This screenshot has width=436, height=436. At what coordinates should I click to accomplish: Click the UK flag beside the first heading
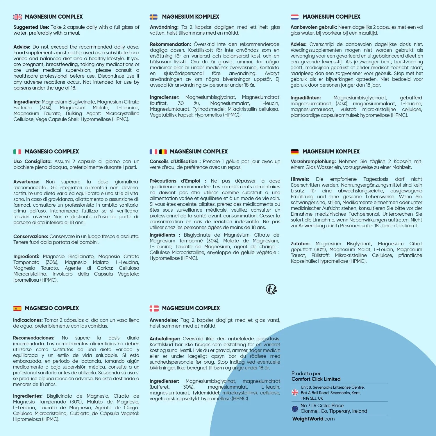coord(18,17)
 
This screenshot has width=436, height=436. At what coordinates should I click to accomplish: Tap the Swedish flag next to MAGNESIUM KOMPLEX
coord(153,17)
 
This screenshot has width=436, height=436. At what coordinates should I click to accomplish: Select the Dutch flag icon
coord(295,17)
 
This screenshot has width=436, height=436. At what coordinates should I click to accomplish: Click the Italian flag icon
coord(17,152)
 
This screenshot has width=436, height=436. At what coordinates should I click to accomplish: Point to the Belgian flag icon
coord(163,152)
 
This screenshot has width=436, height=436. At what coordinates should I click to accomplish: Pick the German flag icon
coord(295,152)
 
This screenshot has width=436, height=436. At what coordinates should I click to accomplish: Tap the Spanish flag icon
coord(17,308)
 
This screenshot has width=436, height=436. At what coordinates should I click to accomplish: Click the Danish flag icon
coord(154,308)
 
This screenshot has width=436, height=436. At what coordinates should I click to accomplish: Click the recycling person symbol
coord(271,289)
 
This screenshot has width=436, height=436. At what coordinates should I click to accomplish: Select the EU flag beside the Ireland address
coord(295,409)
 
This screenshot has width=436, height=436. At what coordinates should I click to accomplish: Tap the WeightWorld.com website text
coord(313,419)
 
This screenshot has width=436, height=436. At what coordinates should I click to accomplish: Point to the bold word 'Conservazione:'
coord(31,237)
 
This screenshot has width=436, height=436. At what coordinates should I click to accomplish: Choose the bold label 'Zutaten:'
coord(300,244)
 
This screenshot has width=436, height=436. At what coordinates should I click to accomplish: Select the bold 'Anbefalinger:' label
coord(165,339)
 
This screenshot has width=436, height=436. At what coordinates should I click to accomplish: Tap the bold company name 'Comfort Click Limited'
coord(316,379)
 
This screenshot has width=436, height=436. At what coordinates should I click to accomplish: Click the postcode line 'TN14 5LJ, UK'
coord(312,399)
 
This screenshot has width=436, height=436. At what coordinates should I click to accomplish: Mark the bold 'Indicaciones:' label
coord(28,320)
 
